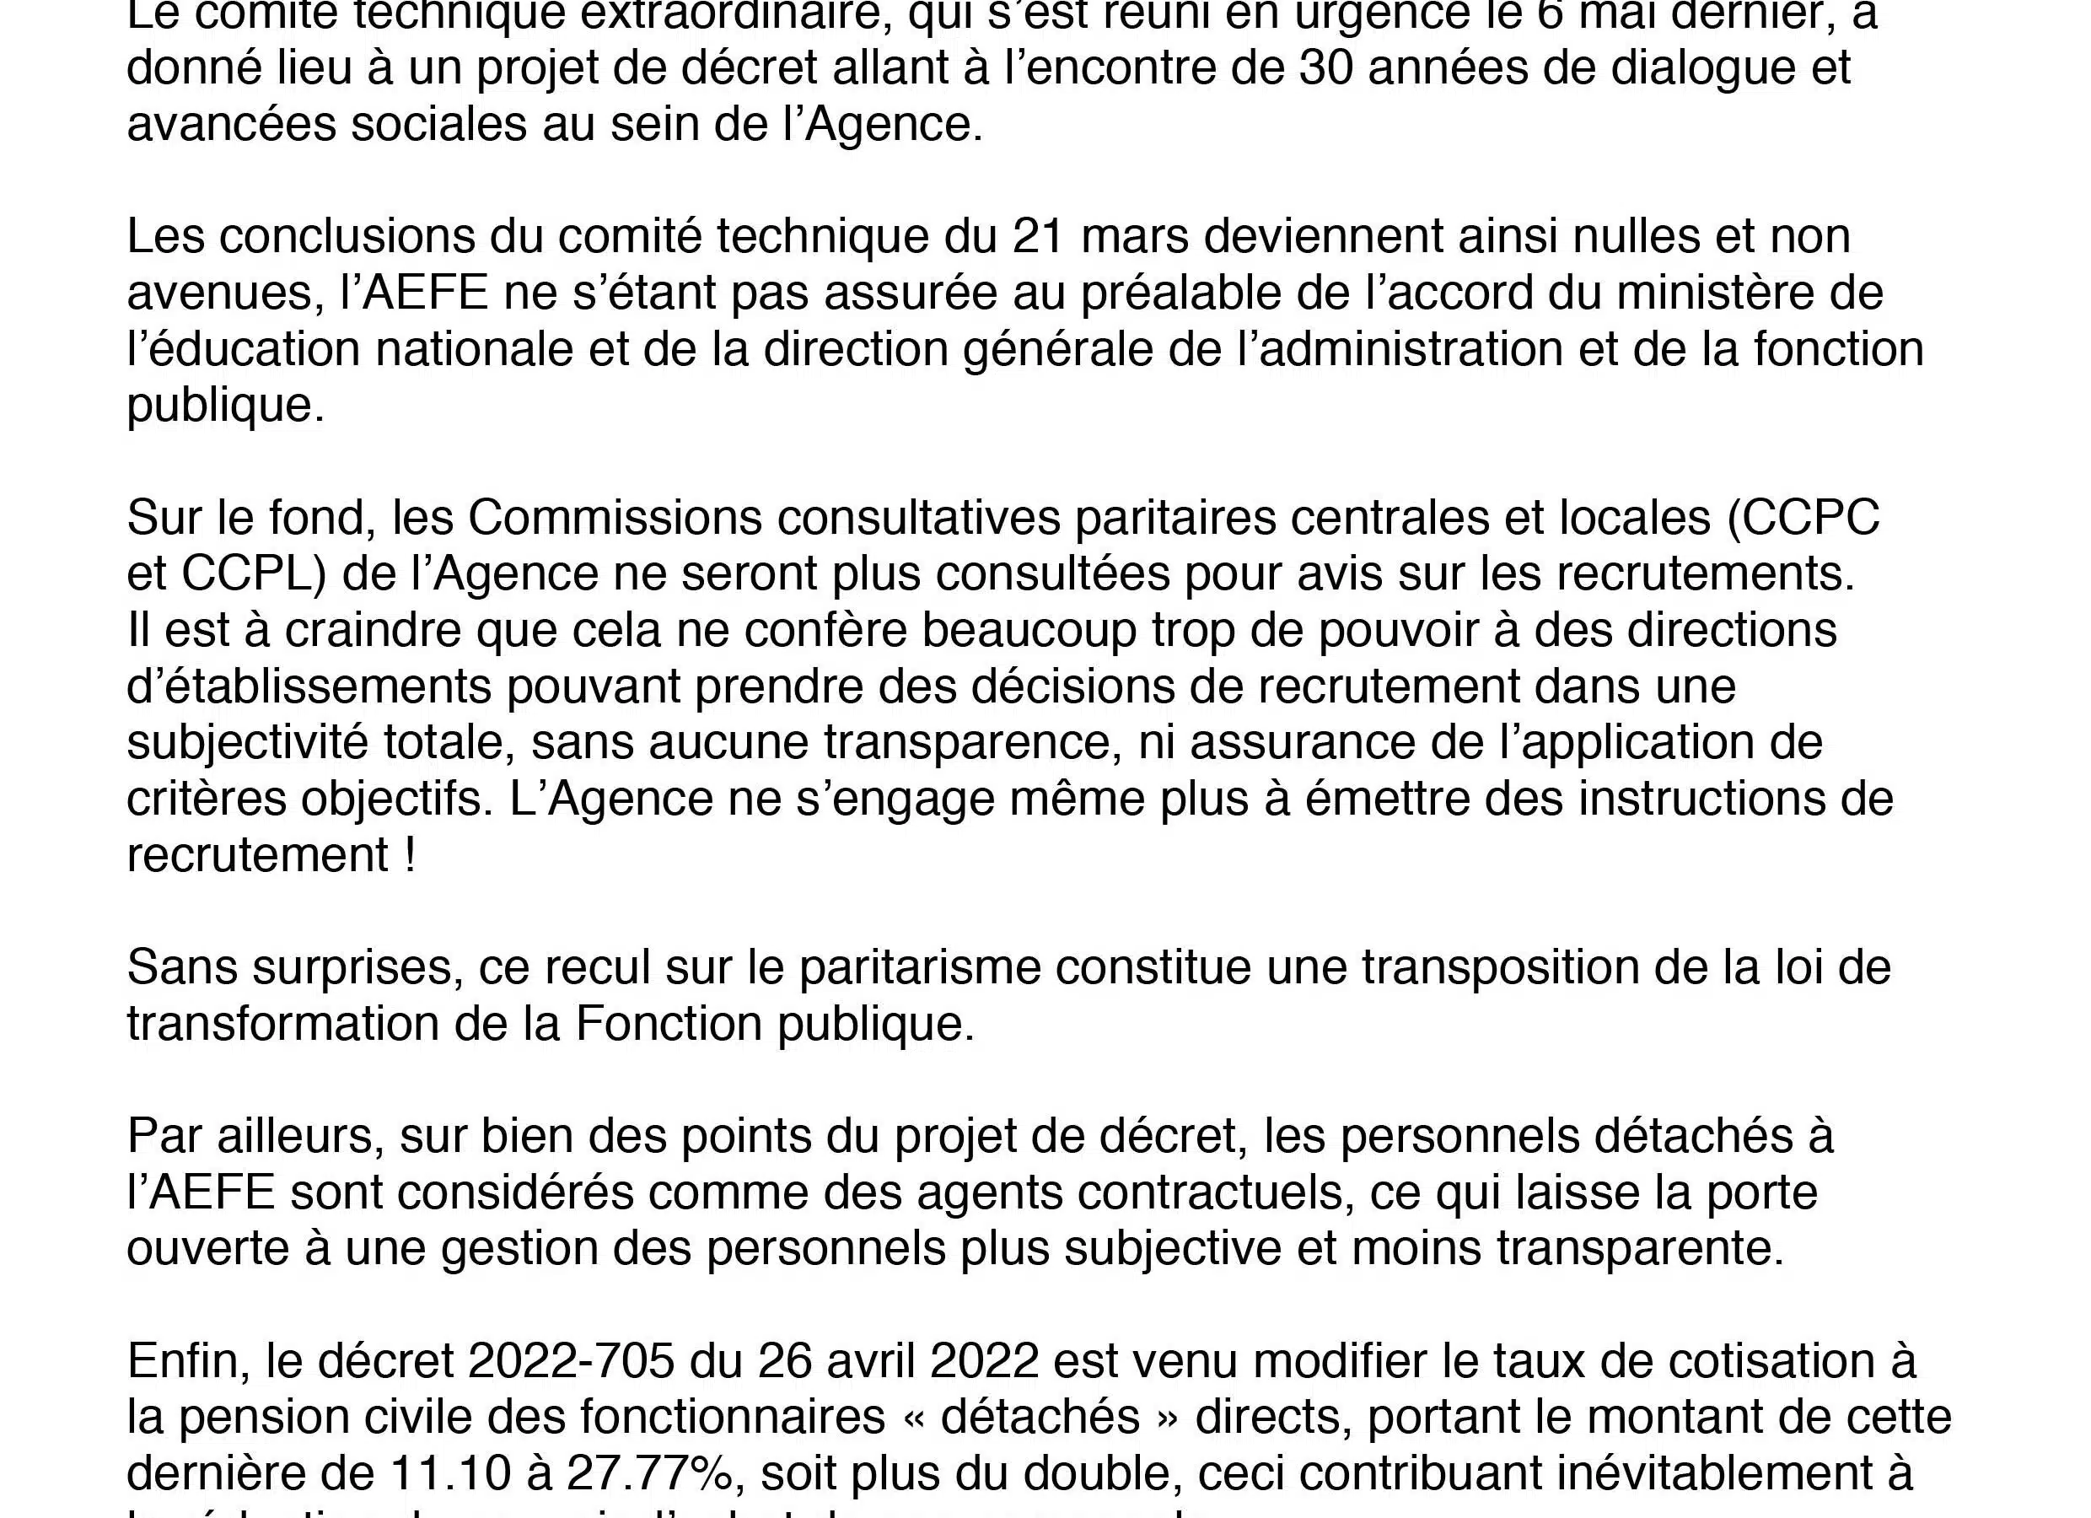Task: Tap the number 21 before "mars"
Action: (x=1038, y=236)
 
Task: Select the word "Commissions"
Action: (x=615, y=517)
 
